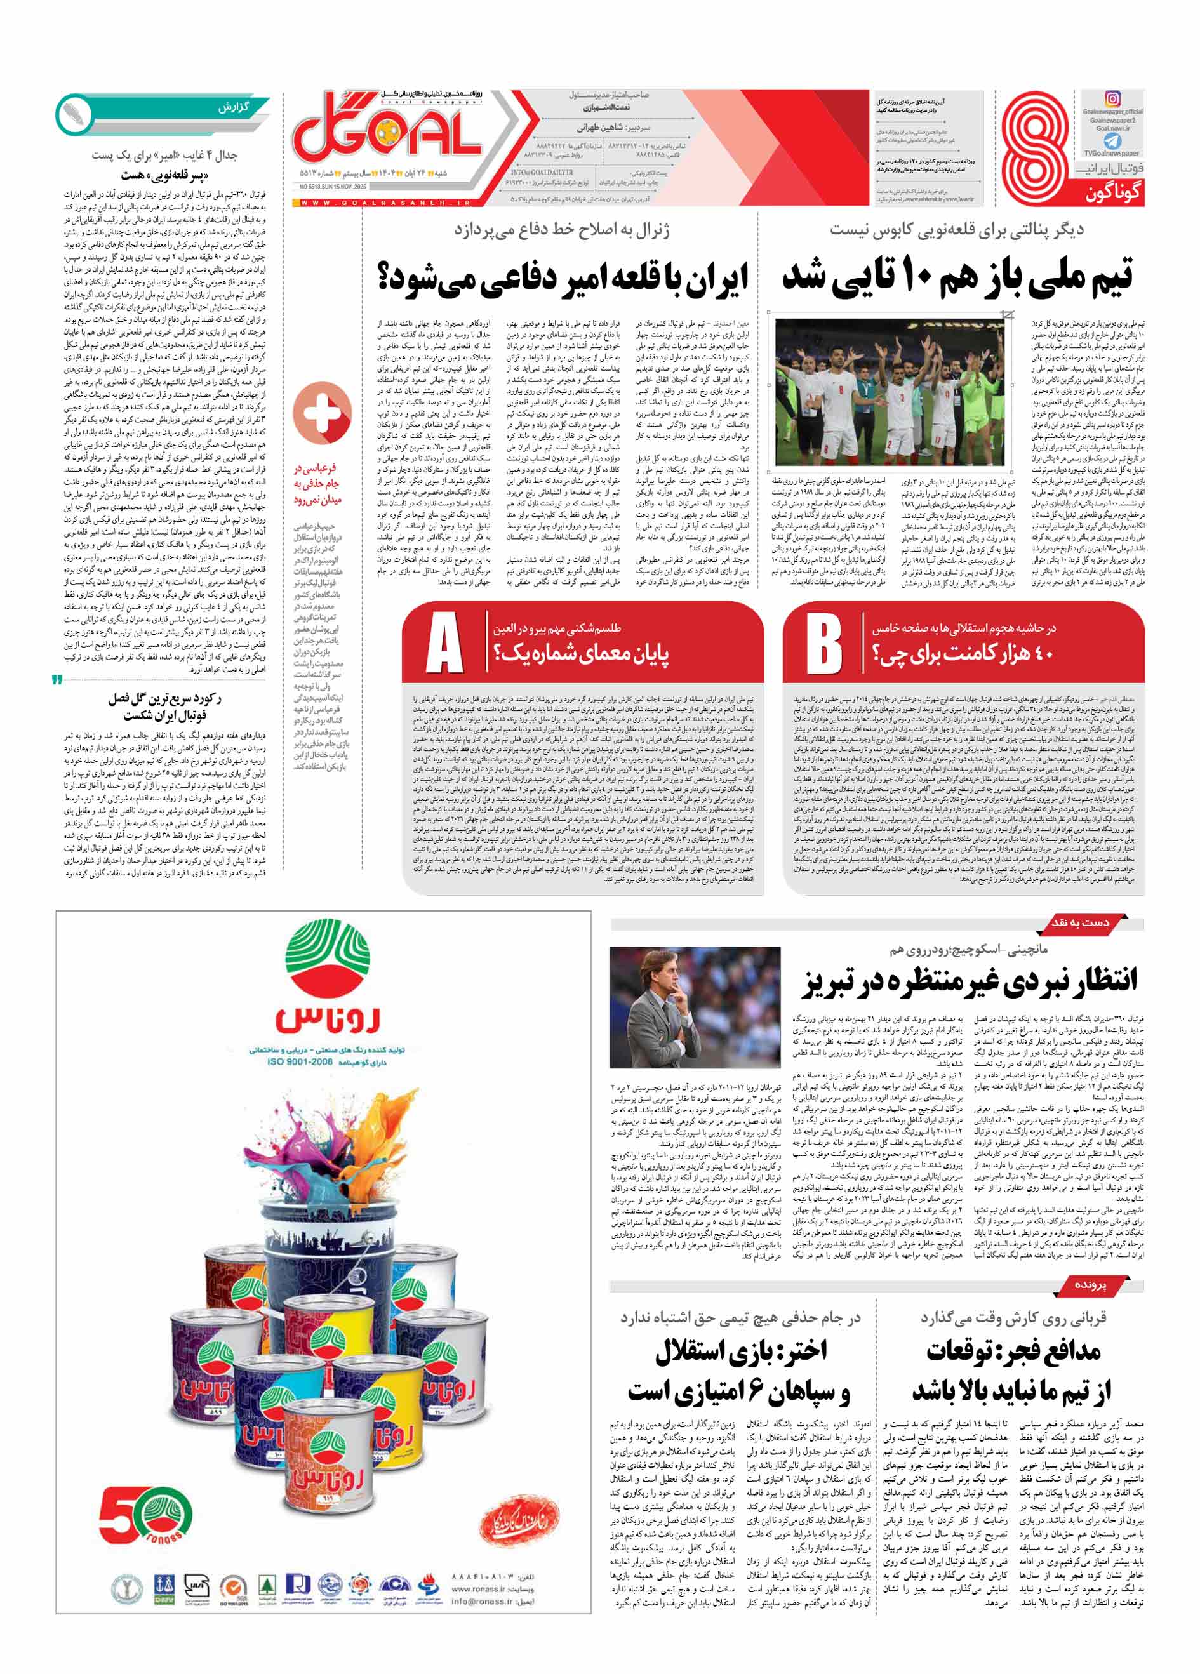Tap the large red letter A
tap(444, 644)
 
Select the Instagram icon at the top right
tap(1112, 99)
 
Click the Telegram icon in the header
tap(1112, 141)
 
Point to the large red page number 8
tap(1035, 148)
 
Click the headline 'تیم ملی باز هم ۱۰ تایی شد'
tap(957, 277)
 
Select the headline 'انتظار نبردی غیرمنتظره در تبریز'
tap(970, 981)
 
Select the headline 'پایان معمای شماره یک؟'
tap(582, 654)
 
